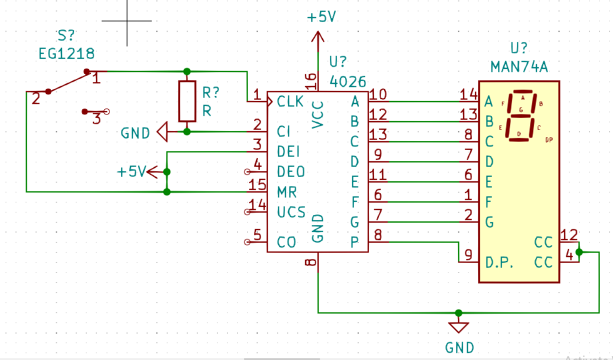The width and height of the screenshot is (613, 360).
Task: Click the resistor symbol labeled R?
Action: [x=187, y=101]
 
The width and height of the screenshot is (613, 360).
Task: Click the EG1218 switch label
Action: [x=67, y=53]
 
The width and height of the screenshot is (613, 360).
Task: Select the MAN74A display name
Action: [x=520, y=66]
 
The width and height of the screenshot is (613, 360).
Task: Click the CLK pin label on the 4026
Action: [x=290, y=101]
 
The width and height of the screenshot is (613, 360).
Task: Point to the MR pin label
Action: [x=287, y=191]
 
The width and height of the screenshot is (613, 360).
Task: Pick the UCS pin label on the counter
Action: [x=291, y=211]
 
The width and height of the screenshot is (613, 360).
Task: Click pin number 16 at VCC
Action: [x=311, y=80]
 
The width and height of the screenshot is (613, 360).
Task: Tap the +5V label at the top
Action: [x=321, y=17]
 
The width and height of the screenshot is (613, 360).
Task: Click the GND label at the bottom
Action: [x=459, y=347]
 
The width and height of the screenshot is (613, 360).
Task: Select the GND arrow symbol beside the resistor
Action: [x=162, y=132]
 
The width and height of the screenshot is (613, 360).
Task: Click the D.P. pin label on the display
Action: [x=500, y=262]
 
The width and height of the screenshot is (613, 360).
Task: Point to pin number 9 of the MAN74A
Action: [x=468, y=255]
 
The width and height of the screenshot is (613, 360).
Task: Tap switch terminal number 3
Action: [x=96, y=119]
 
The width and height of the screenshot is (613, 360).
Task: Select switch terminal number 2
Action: [x=36, y=98]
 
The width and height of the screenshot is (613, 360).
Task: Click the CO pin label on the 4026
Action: [x=287, y=242]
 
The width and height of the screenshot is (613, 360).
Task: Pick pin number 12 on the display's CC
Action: [x=569, y=235]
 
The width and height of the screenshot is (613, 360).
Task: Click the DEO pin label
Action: [x=291, y=171]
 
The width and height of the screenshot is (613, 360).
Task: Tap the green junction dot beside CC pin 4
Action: [x=578, y=252]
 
